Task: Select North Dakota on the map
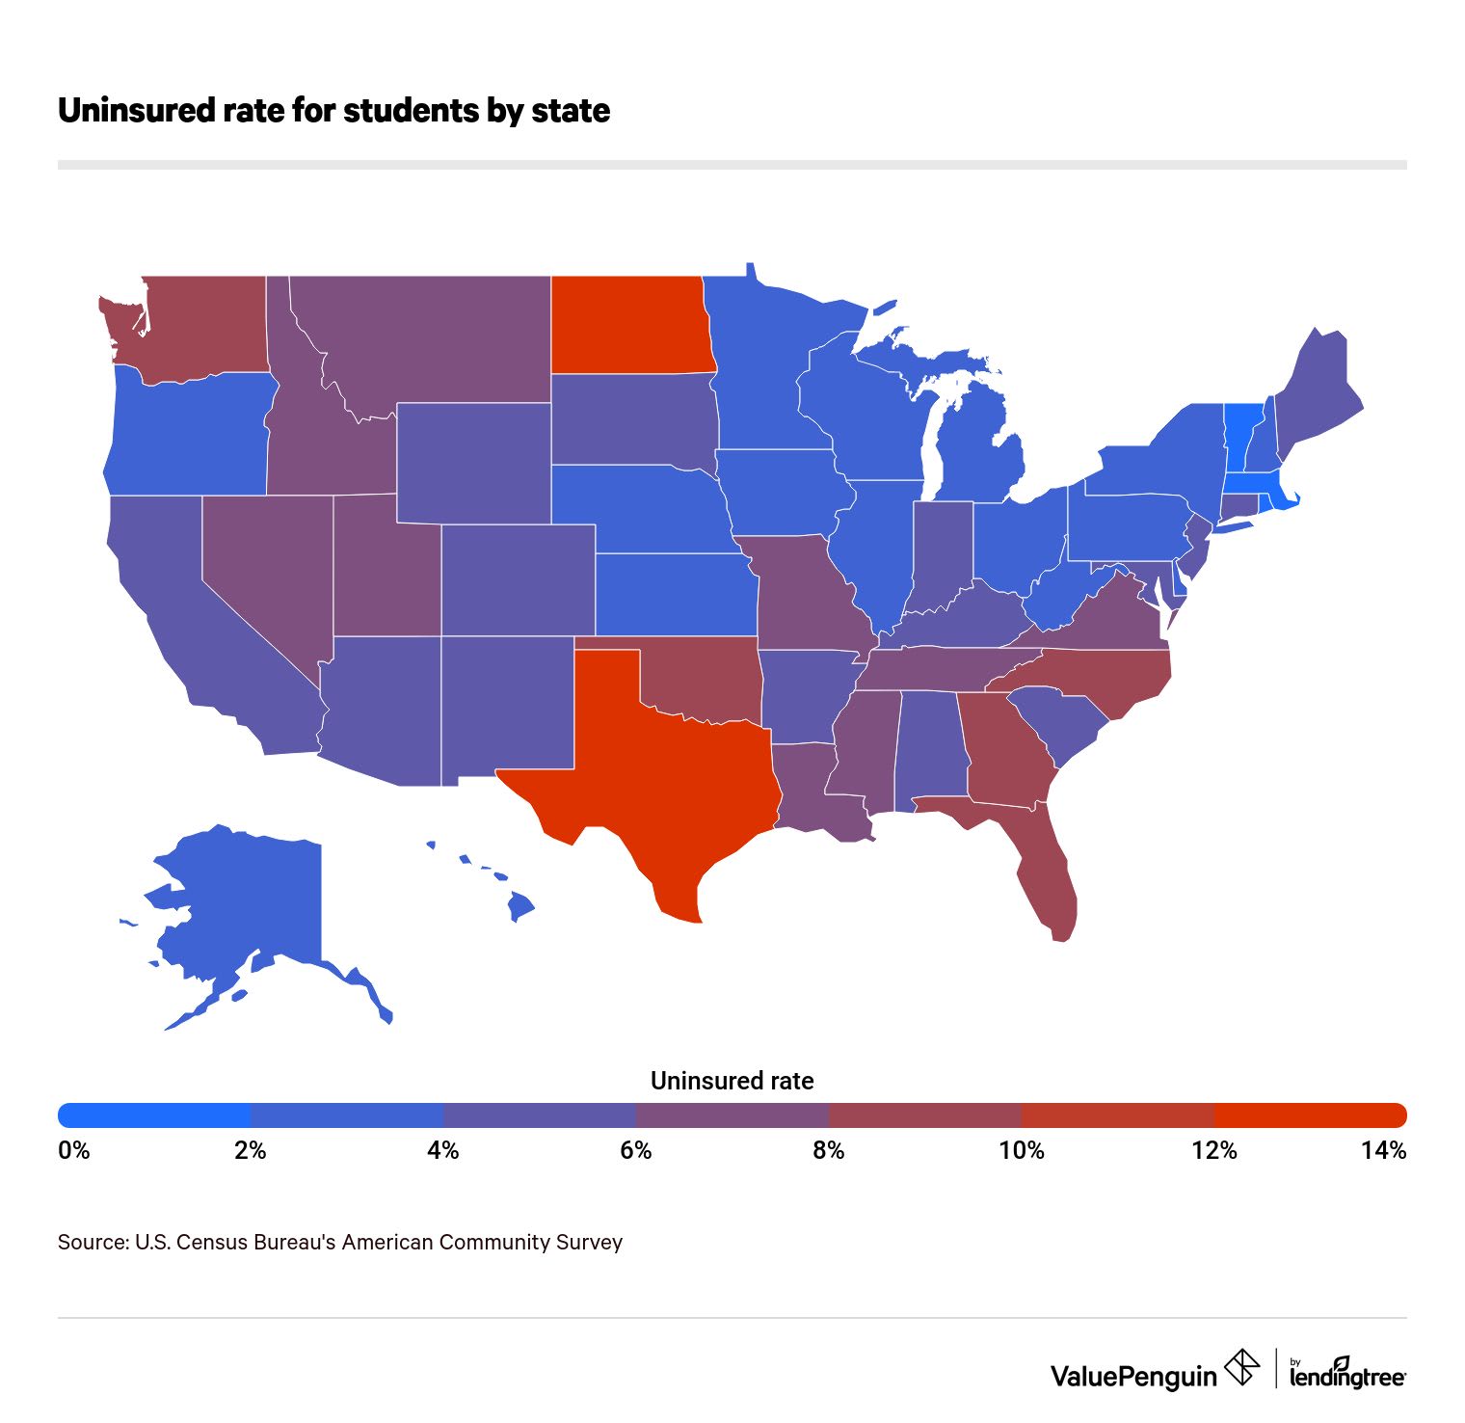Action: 631,323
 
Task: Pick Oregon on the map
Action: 188,434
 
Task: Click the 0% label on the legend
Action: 73,1150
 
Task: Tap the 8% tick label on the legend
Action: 828,1150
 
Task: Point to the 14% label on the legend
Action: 1383,1150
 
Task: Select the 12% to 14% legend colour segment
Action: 1311,1115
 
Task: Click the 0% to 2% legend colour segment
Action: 154,1115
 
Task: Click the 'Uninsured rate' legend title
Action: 732,1081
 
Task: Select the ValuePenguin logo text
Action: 1133,1376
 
